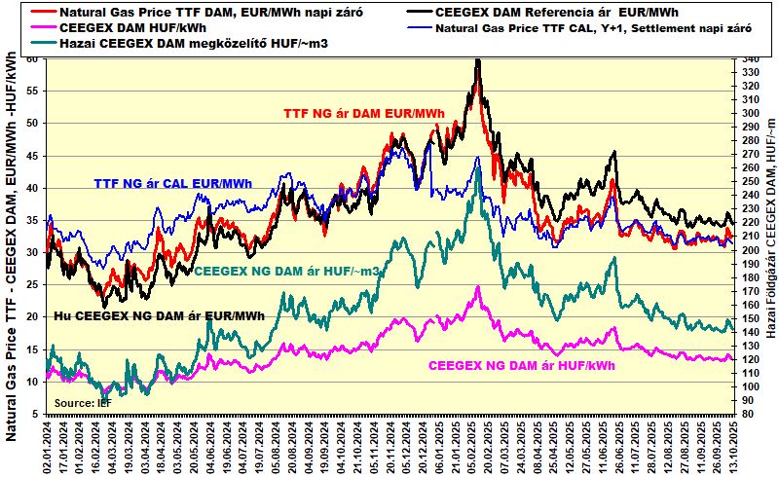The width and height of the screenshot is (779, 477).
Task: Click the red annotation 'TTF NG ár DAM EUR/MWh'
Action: pyautogui.click(x=364, y=114)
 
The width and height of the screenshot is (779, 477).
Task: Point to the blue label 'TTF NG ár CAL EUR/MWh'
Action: pyautogui.click(x=173, y=183)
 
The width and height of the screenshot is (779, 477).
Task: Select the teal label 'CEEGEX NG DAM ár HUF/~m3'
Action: pyautogui.click(x=287, y=271)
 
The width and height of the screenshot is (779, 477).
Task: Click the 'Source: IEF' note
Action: pyautogui.click(x=82, y=402)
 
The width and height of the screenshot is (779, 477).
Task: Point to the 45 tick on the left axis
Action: pyautogui.click(x=32, y=156)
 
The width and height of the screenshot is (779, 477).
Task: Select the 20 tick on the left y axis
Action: pyautogui.click(x=32, y=317)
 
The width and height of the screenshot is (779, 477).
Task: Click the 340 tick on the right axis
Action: pyautogui.click(x=748, y=59)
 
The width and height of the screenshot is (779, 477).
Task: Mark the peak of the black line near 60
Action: pyautogui.click(x=477, y=60)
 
